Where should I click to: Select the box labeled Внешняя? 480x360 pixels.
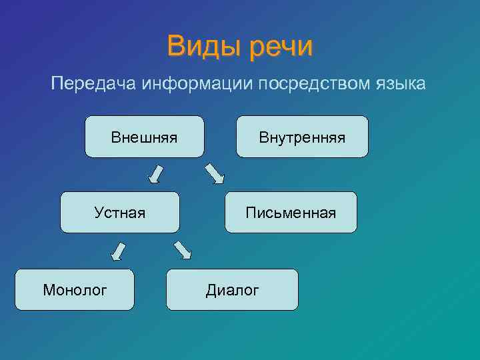145,137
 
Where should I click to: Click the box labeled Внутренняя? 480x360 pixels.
302,137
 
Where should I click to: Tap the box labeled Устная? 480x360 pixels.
120,213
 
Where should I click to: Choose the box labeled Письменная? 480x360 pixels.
291,213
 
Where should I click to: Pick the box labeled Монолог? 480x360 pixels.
75,290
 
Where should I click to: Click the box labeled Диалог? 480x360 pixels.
232,290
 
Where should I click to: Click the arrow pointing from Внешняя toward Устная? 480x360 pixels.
156,173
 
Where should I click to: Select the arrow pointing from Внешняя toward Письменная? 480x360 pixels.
215,173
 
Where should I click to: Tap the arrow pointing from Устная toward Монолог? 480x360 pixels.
118,251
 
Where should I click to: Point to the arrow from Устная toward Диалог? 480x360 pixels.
182,249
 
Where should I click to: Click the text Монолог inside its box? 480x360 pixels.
75,290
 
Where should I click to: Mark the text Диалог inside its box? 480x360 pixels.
232,290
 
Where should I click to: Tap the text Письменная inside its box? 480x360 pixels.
291,213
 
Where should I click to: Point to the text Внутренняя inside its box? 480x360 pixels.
302,138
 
